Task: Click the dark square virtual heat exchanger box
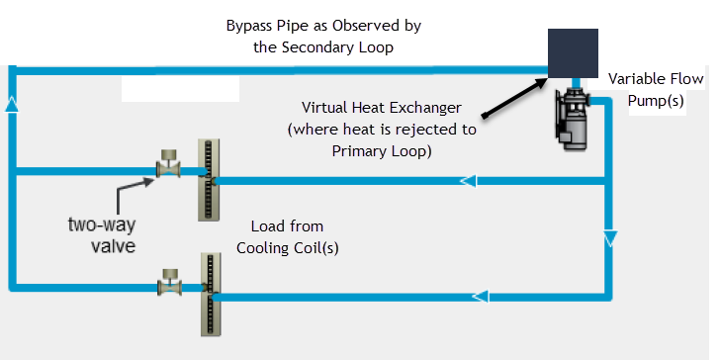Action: coord(573,53)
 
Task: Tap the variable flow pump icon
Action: coord(571,118)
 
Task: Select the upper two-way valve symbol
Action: coord(168,163)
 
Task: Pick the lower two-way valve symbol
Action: coord(169,282)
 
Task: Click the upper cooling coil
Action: coord(209,180)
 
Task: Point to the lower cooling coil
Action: coord(210,295)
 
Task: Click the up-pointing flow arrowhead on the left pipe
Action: coord(12,105)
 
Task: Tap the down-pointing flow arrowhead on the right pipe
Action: coord(609,239)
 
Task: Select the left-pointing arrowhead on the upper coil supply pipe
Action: coord(468,181)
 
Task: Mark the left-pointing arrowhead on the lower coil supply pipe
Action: coord(481,296)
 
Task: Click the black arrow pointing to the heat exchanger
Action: coord(514,98)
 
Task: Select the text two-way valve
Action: coord(102,235)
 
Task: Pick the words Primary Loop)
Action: coord(382,151)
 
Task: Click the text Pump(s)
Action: coord(656,101)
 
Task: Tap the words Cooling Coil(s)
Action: coord(288,248)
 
